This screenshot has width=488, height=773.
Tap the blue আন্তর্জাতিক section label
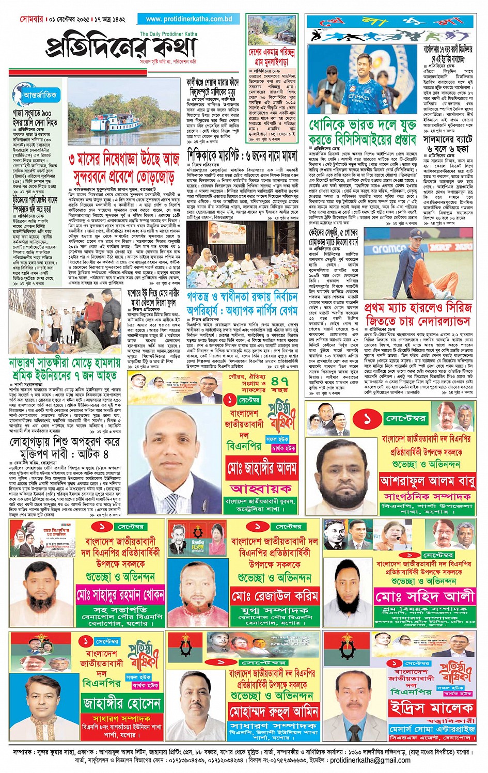tap(40, 95)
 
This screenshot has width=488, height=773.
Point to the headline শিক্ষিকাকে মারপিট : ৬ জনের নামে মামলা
tap(242, 155)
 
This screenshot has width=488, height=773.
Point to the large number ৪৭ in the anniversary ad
tap(279, 381)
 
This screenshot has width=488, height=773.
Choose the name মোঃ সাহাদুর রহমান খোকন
tap(120, 595)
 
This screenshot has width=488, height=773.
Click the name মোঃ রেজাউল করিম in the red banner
tap(275, 596)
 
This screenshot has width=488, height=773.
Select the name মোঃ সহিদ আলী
tap(424, 597)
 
